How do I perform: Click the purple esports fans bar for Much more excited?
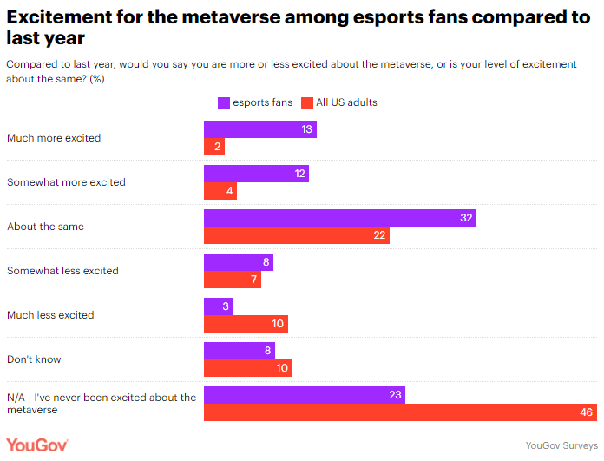(259, 129)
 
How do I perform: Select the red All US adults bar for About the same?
(296, 235)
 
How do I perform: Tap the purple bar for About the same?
(339, 218)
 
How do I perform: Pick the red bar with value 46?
(400, 412)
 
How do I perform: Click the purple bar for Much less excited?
(216, 306)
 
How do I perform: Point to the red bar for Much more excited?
(214, 147)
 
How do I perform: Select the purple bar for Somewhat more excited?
(256, 174)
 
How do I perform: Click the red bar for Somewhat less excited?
(232, 280)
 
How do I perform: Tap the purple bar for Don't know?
(239, 351)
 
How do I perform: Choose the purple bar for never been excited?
(304, 395)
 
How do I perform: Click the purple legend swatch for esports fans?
(223, 102)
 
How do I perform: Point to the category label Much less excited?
(50, 315)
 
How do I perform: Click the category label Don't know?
(34, 359)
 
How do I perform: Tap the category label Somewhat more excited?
(66, 182)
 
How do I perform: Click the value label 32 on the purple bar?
(466, 218)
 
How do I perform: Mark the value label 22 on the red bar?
(380, 235)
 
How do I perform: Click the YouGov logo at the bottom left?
(36, 445)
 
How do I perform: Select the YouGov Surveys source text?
(561, 445)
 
